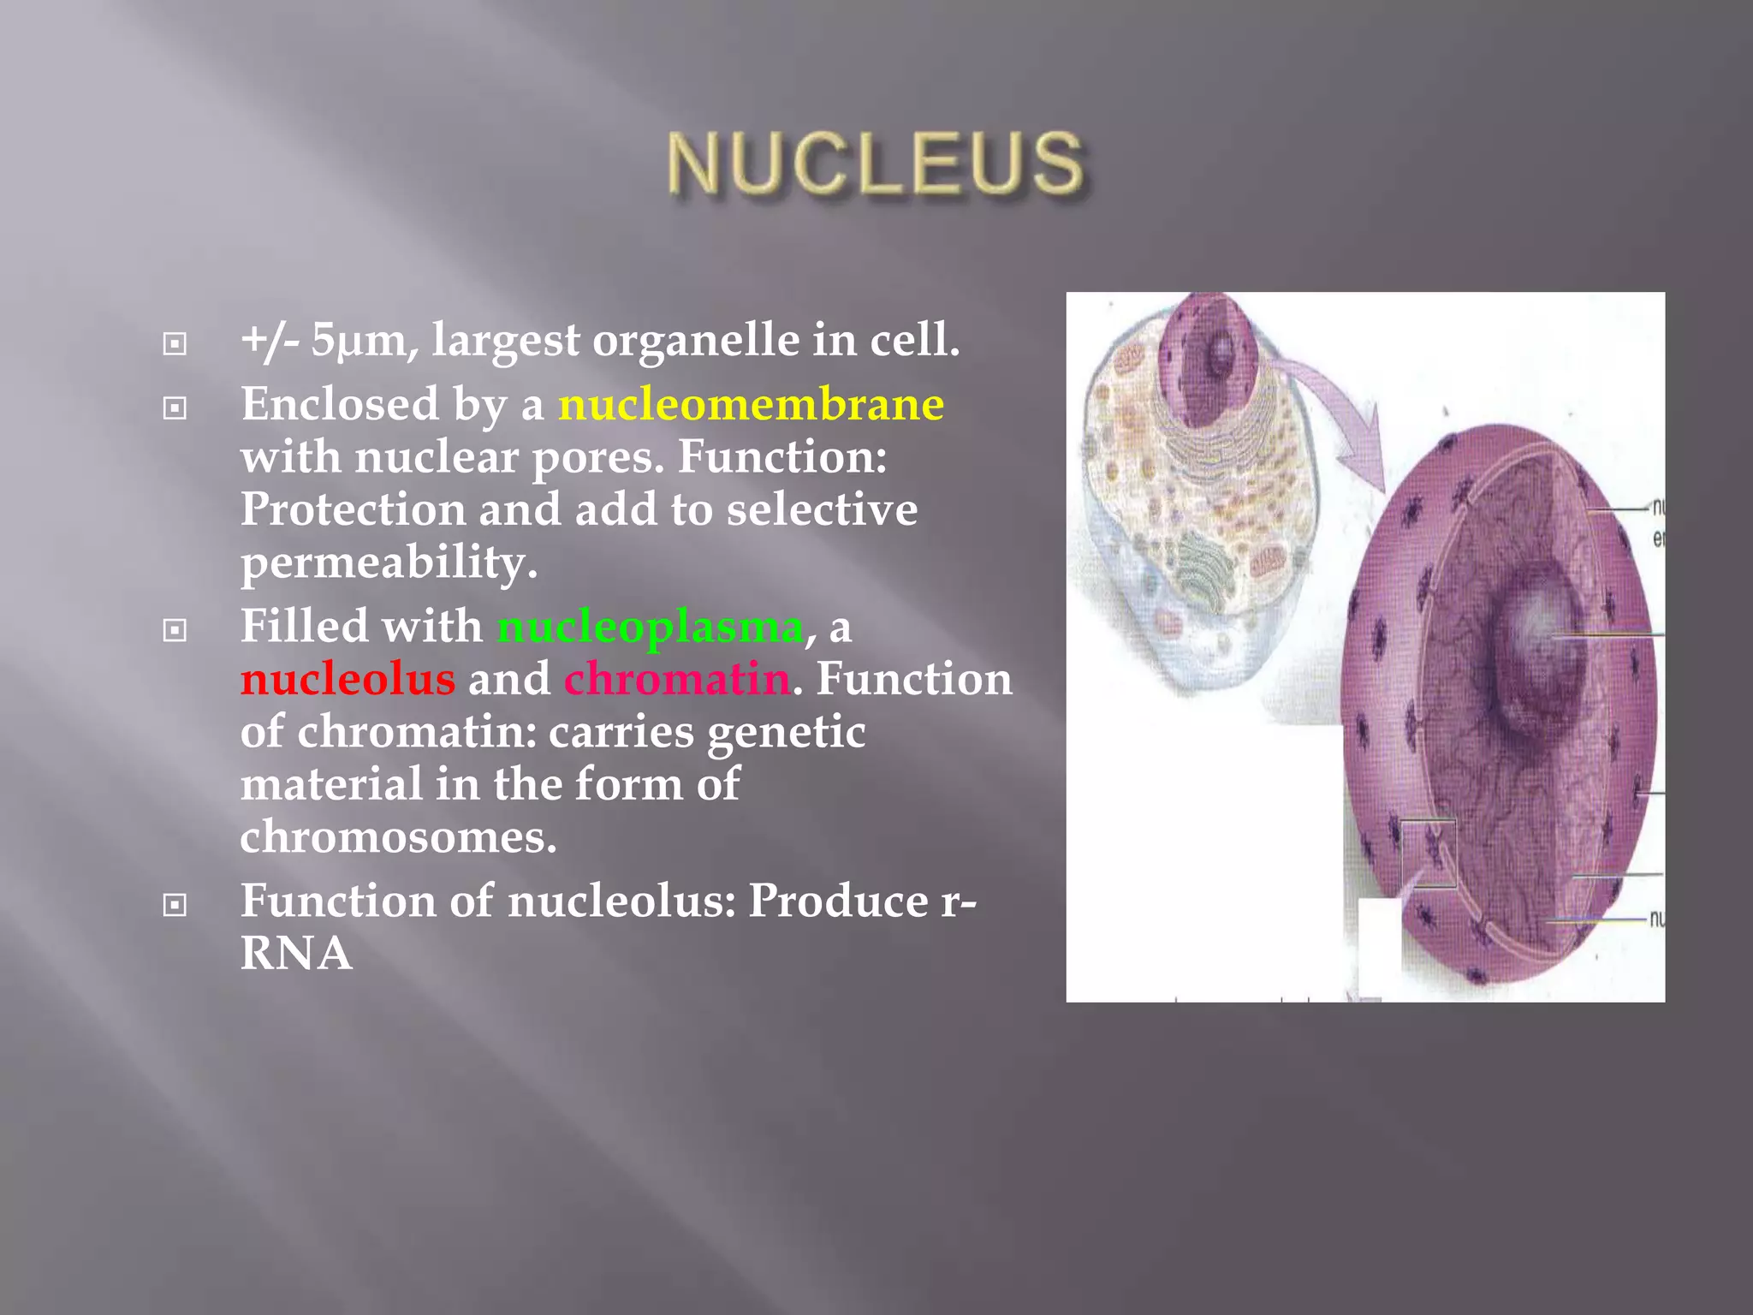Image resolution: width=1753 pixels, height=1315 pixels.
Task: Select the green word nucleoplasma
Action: coord(650,626)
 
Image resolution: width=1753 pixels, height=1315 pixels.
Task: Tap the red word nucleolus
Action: coord(348,679)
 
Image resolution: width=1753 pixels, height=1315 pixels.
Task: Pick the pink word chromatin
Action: coord(676,679)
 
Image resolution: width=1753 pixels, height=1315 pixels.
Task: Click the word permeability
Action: coord(389,562)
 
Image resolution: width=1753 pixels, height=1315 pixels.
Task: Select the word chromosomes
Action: coord(398,836)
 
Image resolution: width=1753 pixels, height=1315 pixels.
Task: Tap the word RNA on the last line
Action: coord(296,953)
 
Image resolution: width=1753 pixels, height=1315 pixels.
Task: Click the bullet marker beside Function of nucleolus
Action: coord(175,905)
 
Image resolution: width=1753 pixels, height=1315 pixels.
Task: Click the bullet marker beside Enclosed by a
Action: coord(175,408)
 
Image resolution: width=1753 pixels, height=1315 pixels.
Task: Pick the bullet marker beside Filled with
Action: coord(175,631)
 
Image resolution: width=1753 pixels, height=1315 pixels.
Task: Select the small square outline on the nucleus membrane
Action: coord(1428,853)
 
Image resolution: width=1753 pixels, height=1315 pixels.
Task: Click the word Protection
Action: coord(353,509)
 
